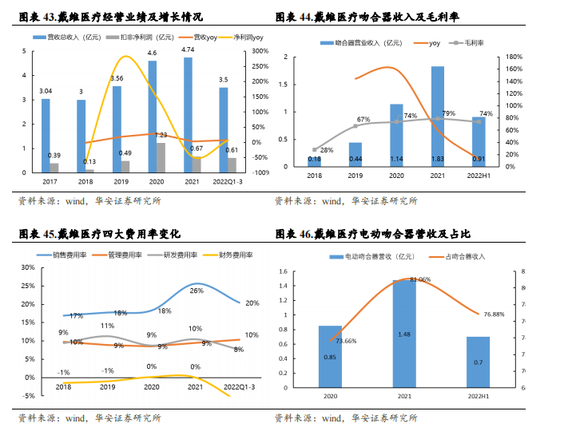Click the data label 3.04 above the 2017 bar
pyautogui.click(x=46, y=91)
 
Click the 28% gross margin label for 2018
pyautogui.click(x=327, y=149)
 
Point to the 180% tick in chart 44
pyautogui.click(x=515, y=57)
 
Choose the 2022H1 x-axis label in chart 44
pyautogui.click(x=479, y=176)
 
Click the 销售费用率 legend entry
pyautogui.click(x=66, y=255)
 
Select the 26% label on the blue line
pyautogui.click(x=196, y=291)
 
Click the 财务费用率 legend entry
pyautogui.click(x=235, y=255)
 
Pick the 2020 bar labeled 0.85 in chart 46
pyautogui.click(x=330, y=358)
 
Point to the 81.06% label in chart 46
pyautogui.click(x=420, y=280)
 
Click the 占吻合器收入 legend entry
pyautogui.click(x=464, y=256)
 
